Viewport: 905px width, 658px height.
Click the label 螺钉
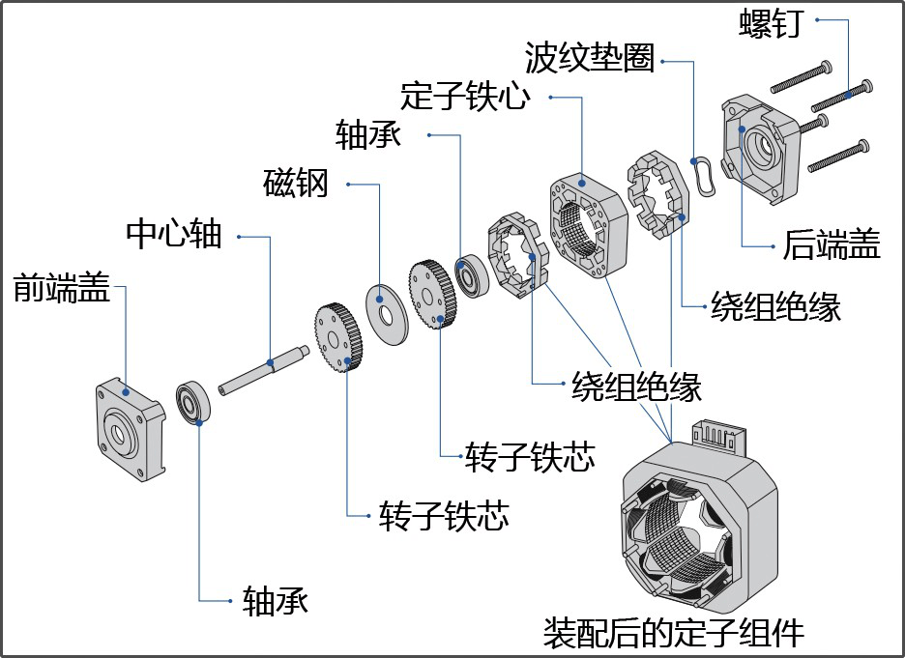pos(772,22)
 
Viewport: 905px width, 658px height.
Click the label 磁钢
pos(296,183)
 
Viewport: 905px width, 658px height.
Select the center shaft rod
pos(262,367)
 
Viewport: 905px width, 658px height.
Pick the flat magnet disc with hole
pos(387,313)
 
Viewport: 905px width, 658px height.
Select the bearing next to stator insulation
pos(473,276)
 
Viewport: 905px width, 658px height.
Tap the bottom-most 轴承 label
pos(276,601)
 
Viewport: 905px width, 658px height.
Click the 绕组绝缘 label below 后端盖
pos(775,306)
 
